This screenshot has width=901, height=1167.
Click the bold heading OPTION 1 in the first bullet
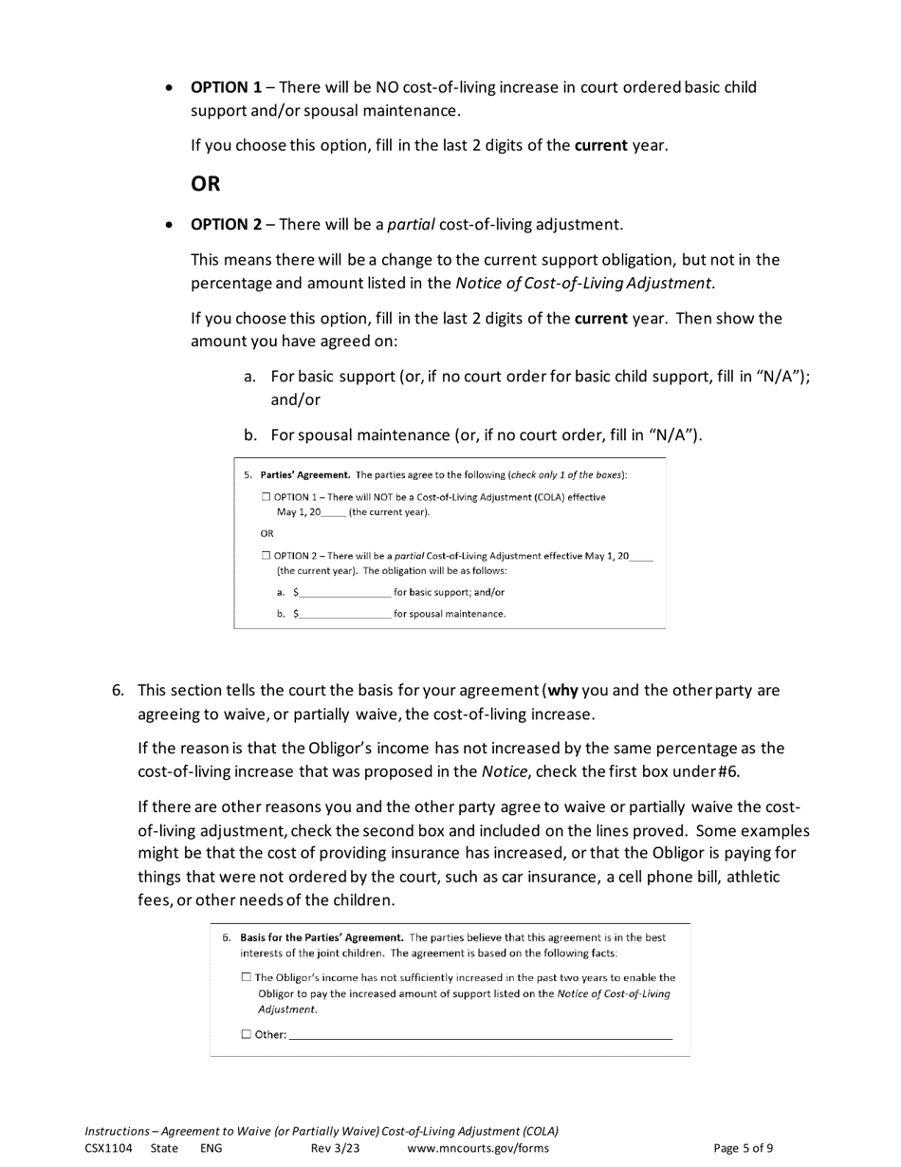coord(227,87)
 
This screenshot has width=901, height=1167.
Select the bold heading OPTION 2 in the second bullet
coord(227,225)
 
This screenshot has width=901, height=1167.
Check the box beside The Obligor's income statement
coord(247,977)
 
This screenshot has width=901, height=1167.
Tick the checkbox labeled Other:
coord(247,1035)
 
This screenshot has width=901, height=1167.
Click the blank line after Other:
coord(480,1035)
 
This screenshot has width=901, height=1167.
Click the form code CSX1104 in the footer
coord(108,1148)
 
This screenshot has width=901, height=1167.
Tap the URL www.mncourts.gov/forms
coord(477,1148)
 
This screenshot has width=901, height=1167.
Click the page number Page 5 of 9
coord(743,1148)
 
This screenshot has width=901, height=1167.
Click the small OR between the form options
coord(267,533)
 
